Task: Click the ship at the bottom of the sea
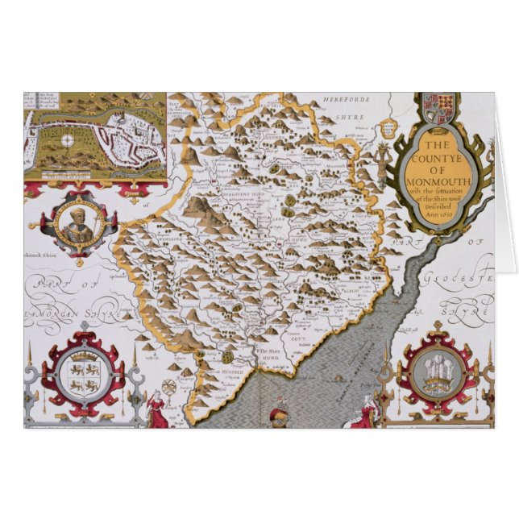coord(277,413)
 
